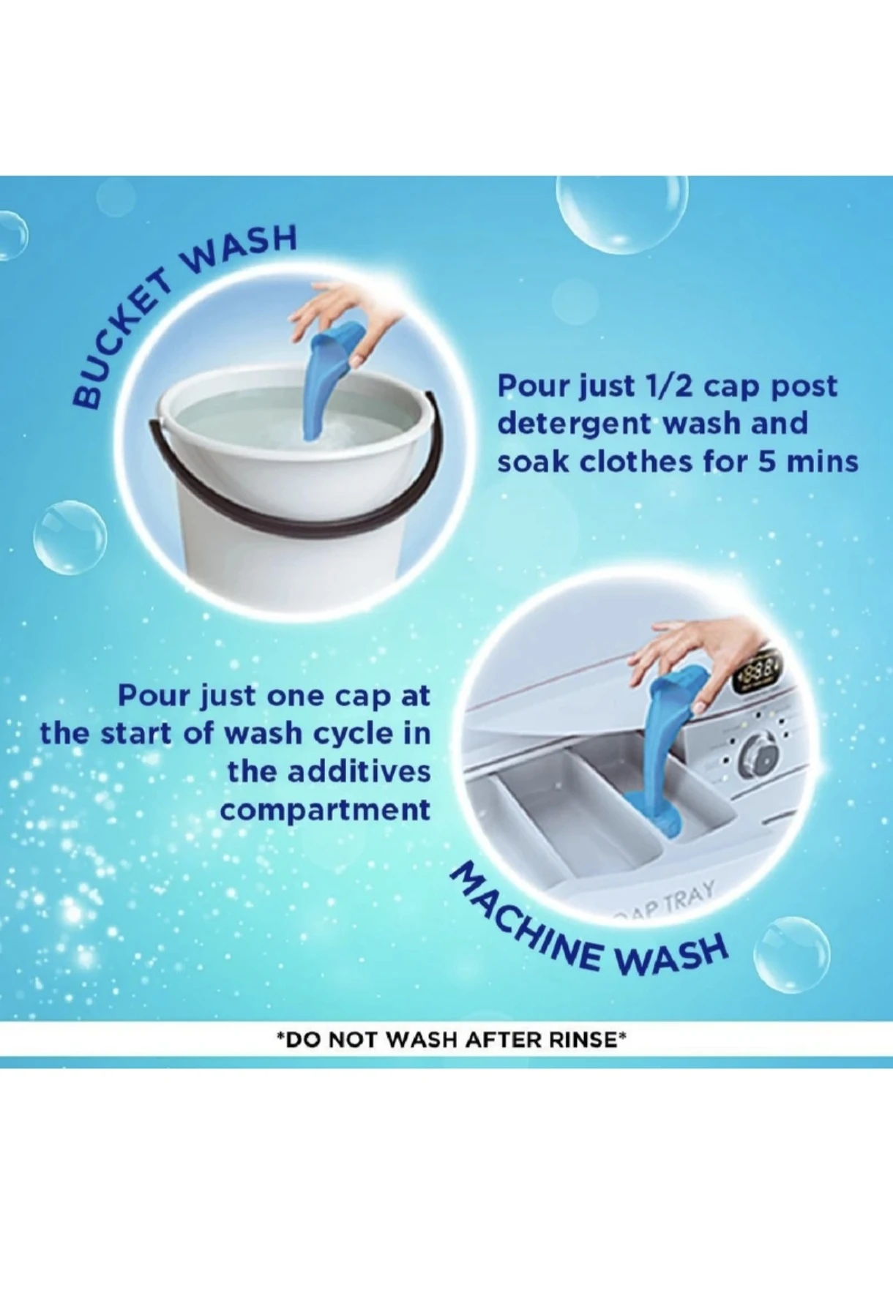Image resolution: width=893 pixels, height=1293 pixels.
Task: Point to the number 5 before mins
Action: pos(767,462)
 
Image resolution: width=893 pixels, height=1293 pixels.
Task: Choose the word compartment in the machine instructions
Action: pos(325,811)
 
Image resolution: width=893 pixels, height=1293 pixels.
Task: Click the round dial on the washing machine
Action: pos(758,754)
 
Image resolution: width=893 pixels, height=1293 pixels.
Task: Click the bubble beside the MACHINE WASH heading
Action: pos(791,955)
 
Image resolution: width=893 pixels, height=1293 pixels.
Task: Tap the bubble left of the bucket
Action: pos(70,538)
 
